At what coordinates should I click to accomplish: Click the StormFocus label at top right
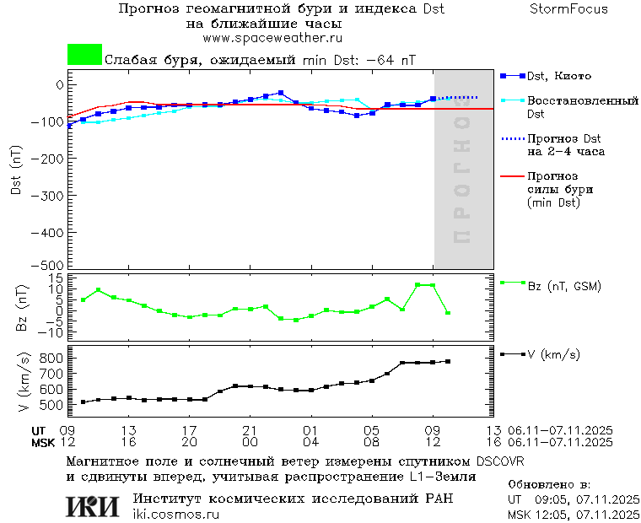pyautogui.click(x=568, y=9)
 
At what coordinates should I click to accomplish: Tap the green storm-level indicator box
pyautogui.click(x=84, y=55)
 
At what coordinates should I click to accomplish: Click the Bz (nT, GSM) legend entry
pyautogui.click(x=563, y=286)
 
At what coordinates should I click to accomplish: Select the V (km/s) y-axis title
pyautogui.click(x=20, y=382)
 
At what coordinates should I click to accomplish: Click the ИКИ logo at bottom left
pyautogui.click(x=94, y=505)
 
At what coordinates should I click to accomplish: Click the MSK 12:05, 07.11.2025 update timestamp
pyautogui.click(x=574, y=514)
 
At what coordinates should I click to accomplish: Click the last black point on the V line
pyautogui.click(x=448, y=361)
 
